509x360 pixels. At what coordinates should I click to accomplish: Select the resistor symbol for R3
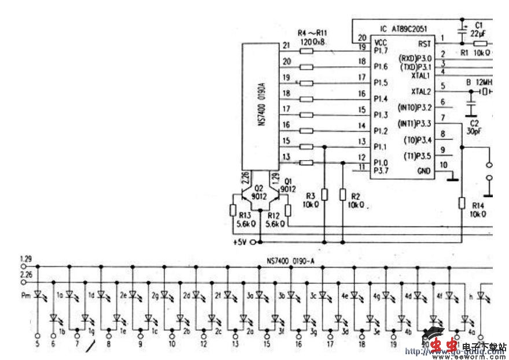(324, 195)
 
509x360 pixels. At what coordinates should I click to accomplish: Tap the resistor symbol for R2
(343, 195)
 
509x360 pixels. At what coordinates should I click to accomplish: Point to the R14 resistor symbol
(461, 202)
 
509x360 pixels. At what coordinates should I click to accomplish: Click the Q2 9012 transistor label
(257, 191)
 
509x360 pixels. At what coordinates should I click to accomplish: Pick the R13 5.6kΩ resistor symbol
(233, 211)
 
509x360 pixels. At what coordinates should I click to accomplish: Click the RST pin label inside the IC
(424, 44)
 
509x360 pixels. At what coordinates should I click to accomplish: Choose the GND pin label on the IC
(424, 171)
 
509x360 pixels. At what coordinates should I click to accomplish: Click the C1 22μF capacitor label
(478, 30)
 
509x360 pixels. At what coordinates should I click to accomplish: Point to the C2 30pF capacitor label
(474, 127)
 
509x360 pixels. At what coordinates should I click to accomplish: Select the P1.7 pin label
(381, 51)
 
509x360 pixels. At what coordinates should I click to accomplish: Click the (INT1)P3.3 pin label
(415, 123)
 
